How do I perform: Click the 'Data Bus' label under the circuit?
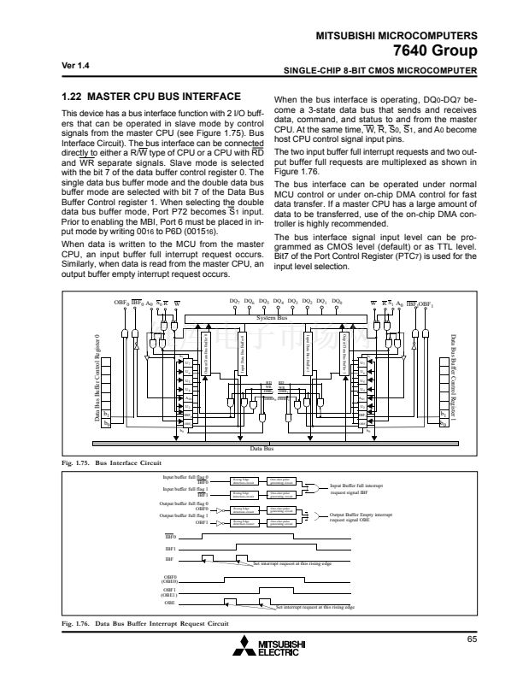pyautogui.click(x=261, y=375)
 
